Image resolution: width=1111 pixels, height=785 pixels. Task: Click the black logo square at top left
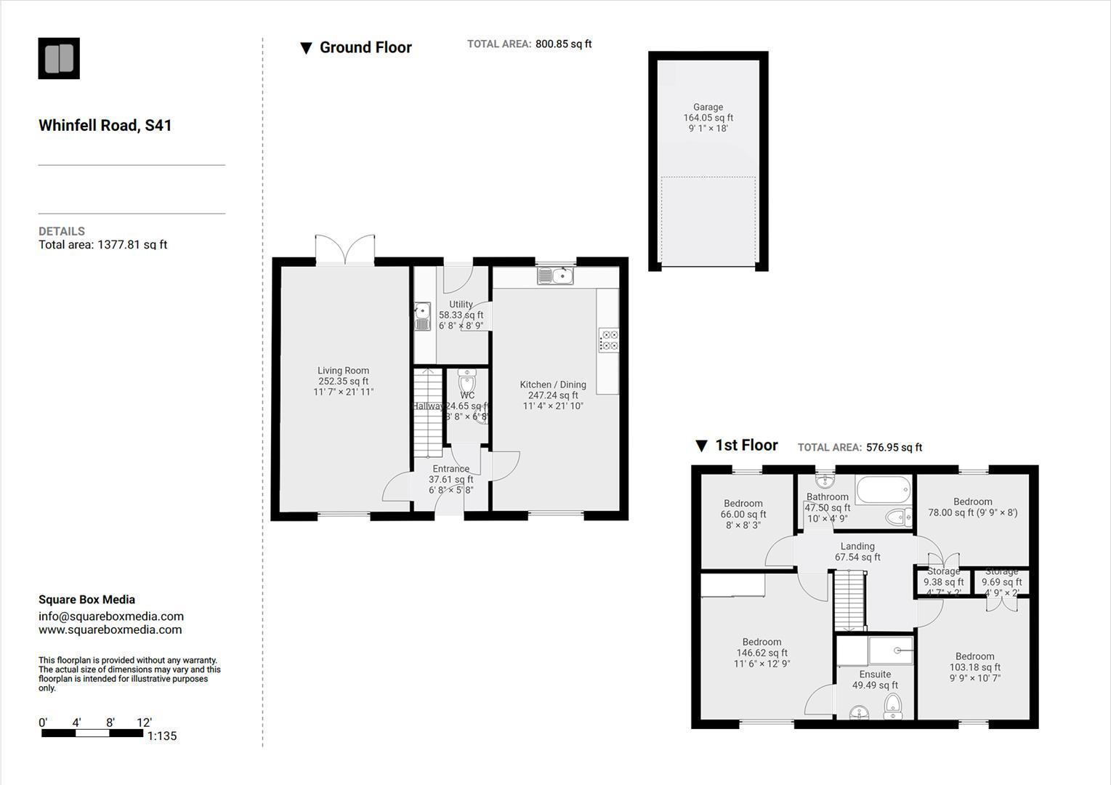point(59,58)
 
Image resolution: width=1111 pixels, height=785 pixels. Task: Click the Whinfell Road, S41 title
point(105,125)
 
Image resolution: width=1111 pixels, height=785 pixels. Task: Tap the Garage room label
point(708,107)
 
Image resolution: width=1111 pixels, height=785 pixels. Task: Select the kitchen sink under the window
point(556,275)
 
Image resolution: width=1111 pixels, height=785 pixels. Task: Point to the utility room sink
point(422,316)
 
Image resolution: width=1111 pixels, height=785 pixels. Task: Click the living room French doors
point(345,249)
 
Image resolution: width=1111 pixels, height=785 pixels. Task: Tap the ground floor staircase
point(428,413)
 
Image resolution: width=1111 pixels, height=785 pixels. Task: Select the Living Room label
point(343,371)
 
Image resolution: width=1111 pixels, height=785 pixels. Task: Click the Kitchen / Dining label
point(552,385)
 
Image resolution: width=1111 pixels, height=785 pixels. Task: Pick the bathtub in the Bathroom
point(882,489)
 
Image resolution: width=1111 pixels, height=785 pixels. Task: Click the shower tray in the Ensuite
point(892,651)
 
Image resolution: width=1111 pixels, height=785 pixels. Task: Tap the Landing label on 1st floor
point(857,547)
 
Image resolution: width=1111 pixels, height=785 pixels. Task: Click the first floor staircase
point(848,600)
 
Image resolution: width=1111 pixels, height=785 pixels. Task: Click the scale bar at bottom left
point(92,733)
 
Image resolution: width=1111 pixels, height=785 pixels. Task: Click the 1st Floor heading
point(746,446)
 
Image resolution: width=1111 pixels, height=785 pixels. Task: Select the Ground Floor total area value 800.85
point(563,44)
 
